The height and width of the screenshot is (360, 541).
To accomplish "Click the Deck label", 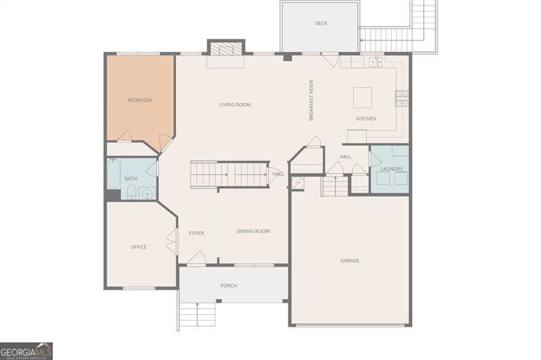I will point(321,24).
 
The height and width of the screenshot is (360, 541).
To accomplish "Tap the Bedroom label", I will point(139,100).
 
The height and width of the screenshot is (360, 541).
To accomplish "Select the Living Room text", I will point(235,105).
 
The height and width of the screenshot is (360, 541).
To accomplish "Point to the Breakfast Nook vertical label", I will point(312,101).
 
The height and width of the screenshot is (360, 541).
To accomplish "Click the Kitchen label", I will point(366,119).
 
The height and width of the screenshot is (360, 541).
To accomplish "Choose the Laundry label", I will point(392,169).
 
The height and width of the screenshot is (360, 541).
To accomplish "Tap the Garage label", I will point(350,261).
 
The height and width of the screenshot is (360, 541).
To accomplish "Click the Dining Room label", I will point(253,231).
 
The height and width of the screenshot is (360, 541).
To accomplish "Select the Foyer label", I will point(196,233).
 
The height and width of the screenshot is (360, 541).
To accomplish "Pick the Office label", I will point(139,247).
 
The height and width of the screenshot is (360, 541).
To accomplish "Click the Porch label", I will point(229,286).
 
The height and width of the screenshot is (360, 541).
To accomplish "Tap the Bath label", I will point(131,179).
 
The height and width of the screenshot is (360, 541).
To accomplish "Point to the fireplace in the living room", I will point(226,49).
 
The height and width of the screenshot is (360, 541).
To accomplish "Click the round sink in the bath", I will point(147,194).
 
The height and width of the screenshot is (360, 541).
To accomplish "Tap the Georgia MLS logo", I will point(26,351).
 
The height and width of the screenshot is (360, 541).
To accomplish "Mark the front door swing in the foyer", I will point(196,258).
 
